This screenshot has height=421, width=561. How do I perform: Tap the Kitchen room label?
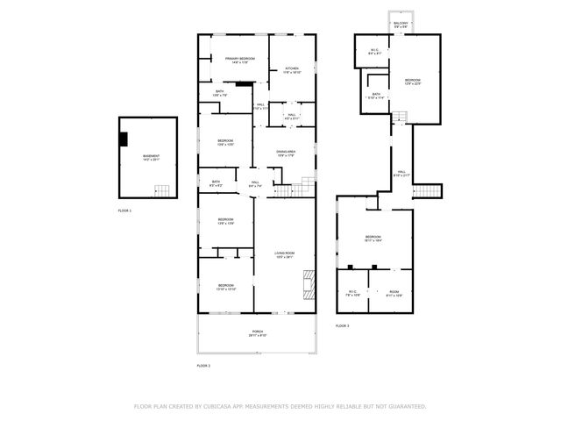point(291,70)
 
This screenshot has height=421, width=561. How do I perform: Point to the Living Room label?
point(285,254)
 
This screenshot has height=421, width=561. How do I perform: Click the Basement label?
point(152,158)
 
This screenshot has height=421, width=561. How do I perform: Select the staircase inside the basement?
point(163,191)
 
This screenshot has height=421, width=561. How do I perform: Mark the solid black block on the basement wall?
point(124,138)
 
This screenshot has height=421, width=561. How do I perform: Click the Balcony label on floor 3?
point(399,26)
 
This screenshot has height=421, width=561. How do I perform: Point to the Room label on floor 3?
point(394,293)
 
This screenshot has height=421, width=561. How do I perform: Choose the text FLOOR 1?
point(124,211)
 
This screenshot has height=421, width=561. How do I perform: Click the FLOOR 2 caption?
point(203,365)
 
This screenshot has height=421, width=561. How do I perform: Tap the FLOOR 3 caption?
point(342,325)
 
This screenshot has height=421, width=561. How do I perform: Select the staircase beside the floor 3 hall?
point(427,192)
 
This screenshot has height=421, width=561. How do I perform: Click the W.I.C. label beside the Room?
point(352,293)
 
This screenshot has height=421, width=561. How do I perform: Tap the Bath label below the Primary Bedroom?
point(220,92)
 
